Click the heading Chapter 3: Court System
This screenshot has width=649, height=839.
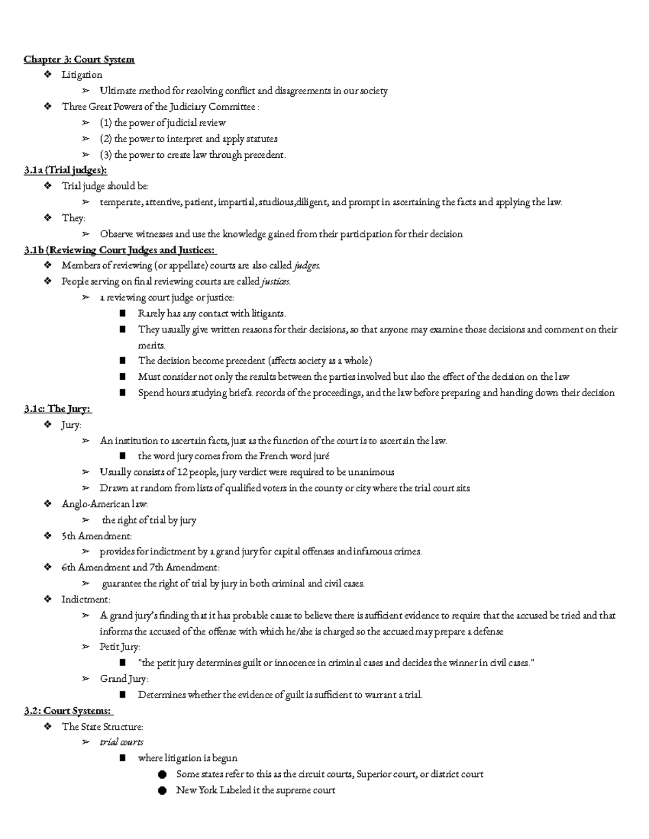pos(79,59)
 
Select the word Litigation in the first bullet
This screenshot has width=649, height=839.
pos(82,75)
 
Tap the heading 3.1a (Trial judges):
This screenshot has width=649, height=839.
pos(65,171)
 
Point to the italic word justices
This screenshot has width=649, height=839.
pos(276,281)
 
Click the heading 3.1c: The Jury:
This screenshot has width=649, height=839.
pos(57,410)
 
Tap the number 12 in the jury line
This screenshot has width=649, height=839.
pos(183,472)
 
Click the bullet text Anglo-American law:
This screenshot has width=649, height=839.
pos(104,504)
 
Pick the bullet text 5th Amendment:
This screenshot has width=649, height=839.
pos(96,536)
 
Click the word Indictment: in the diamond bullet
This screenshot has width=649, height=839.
pos(85,600)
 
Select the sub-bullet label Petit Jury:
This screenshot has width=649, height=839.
pos(120,647)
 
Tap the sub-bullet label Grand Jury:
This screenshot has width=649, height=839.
pos(124,679)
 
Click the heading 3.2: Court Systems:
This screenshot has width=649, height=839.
pos(68,711)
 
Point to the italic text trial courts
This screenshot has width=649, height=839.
pos(122,743)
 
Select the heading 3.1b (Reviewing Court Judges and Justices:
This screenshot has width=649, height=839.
pos(120,250)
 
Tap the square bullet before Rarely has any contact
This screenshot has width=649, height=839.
pos(123,313)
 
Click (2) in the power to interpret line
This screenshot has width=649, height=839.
pos(105,139)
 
